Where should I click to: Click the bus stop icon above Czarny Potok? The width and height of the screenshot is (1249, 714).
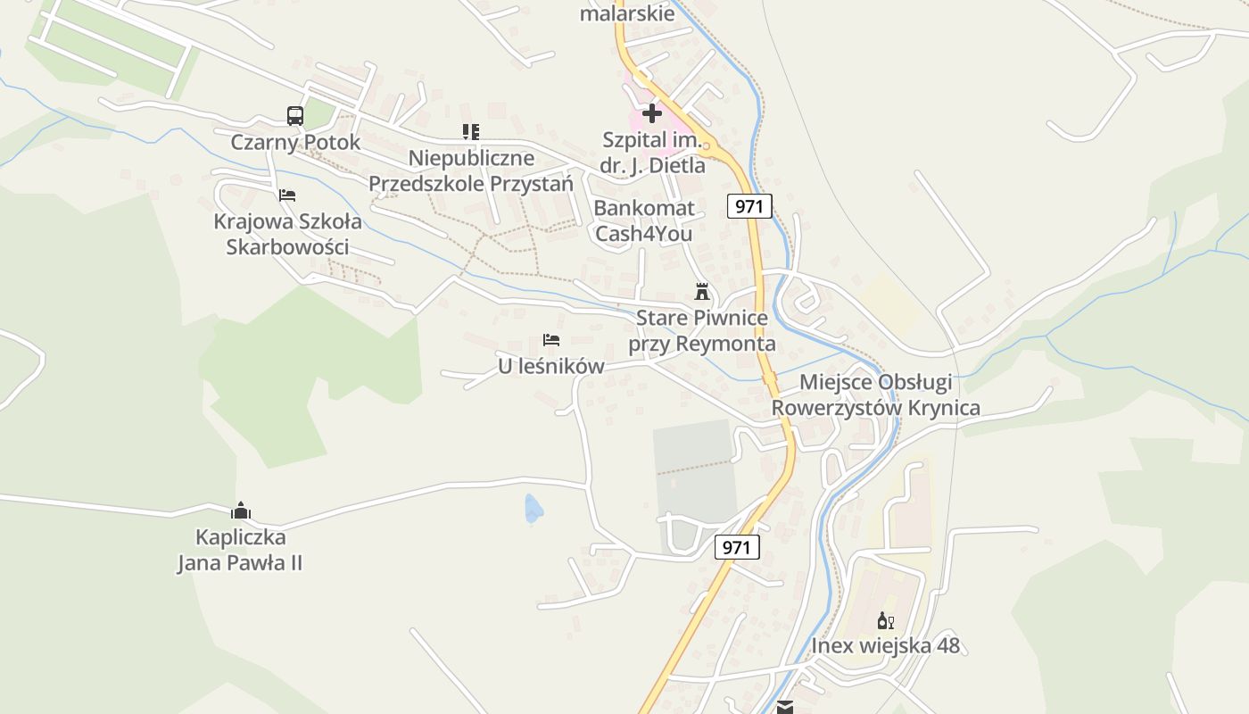click(x=295, y=116)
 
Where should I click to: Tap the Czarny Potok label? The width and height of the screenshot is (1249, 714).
click(x=295, y=142)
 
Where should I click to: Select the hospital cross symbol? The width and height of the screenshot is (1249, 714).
click(x=652, y=113)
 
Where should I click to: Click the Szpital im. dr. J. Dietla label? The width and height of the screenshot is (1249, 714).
click(x=653, y=153)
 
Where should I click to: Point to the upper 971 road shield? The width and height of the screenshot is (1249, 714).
click(x=749, y=206)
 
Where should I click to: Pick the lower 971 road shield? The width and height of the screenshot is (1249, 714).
click(x=737, y=547)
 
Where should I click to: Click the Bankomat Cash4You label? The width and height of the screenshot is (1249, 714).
click(x=643, y=221)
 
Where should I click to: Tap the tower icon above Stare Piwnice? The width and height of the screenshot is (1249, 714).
click(x=702, y=292)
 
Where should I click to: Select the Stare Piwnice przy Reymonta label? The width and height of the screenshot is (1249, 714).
click(x=701, y=331)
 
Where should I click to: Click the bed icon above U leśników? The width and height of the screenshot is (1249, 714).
click(x=551, y=340)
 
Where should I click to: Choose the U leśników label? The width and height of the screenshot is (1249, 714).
click(x=550, y=366)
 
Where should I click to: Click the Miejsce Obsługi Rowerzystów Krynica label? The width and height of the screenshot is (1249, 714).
click(x=875, y=395)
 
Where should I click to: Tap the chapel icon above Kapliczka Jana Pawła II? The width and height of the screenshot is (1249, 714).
click(x=241, y=511)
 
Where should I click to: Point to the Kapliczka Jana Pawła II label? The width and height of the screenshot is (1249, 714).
click(x=240, y=550)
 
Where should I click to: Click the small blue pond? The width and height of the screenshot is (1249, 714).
click(x=533, y=509)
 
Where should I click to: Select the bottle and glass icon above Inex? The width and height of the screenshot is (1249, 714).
click(x=885, y=620)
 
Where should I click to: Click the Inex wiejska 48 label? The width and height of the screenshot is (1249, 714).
click(x=885, y=645)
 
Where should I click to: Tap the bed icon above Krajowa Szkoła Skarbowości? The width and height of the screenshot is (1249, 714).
click(x=287, y=195)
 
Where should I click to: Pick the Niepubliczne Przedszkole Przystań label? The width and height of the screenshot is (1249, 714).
click(x=471, y=171)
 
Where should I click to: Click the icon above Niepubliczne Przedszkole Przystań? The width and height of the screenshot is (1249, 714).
click(x=471, y=132)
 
